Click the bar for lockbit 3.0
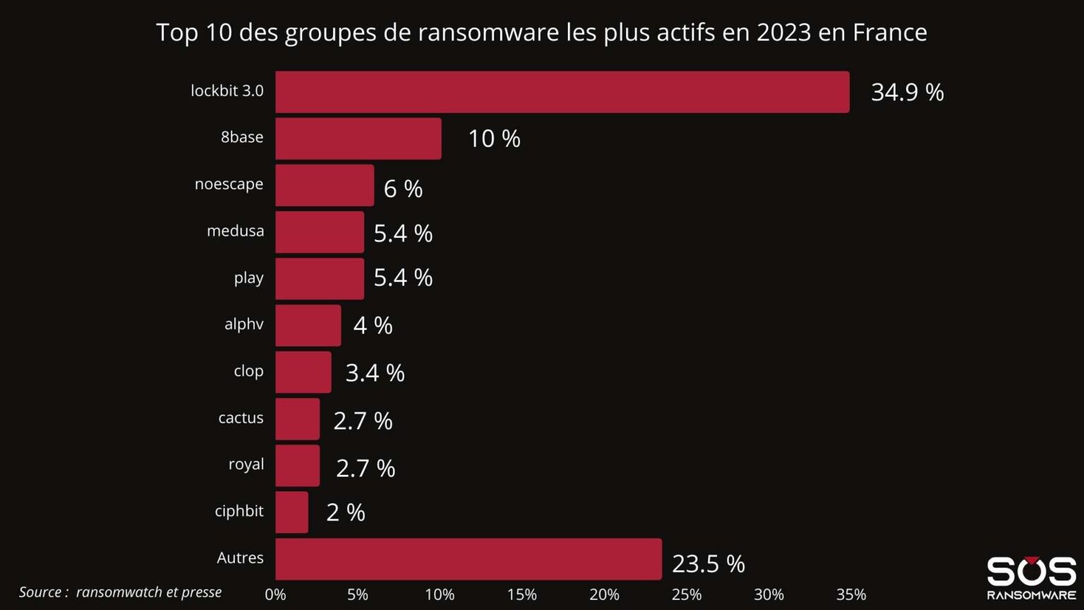[x=562, y=92]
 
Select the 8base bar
[x=358, y=138]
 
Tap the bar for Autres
[x=468, y=559]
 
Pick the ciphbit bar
[x=291, y=512]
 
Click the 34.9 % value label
[x=907, y=92]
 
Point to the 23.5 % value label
[x=708, y=563]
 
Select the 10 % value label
[x=494, y=138]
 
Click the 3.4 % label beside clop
[x=375, y=373]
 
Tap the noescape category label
[x=229, y=184]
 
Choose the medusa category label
[x=235, y=231]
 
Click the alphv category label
[x=243, y=324]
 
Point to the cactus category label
[x=241, y=418]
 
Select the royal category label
[x=246, y=465]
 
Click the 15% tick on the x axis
[x=522, y=594]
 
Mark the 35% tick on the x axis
[x=851, y=594]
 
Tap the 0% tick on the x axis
[x=275, y=594]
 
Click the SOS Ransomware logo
[x=1031, y=578]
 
